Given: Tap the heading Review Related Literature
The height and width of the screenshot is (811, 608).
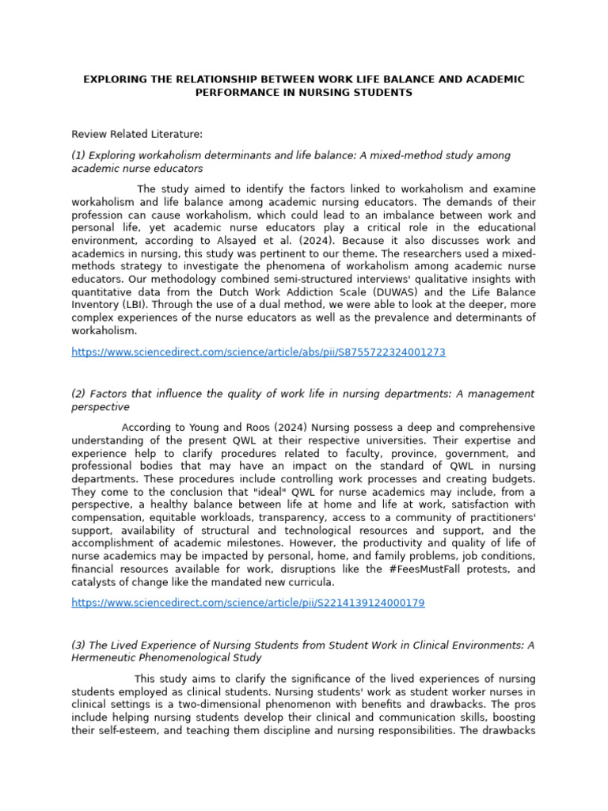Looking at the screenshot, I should point(137,135).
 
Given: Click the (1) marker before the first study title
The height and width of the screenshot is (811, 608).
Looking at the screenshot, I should point(79,155).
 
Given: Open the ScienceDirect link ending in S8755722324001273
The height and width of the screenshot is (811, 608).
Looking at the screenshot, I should point(258,352).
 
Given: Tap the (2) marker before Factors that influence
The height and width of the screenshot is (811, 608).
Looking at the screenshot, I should point(79,394).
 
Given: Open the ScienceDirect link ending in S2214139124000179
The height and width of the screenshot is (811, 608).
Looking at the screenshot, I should point(248,603).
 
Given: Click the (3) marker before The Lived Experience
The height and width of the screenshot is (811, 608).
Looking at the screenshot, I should point(79,645).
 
